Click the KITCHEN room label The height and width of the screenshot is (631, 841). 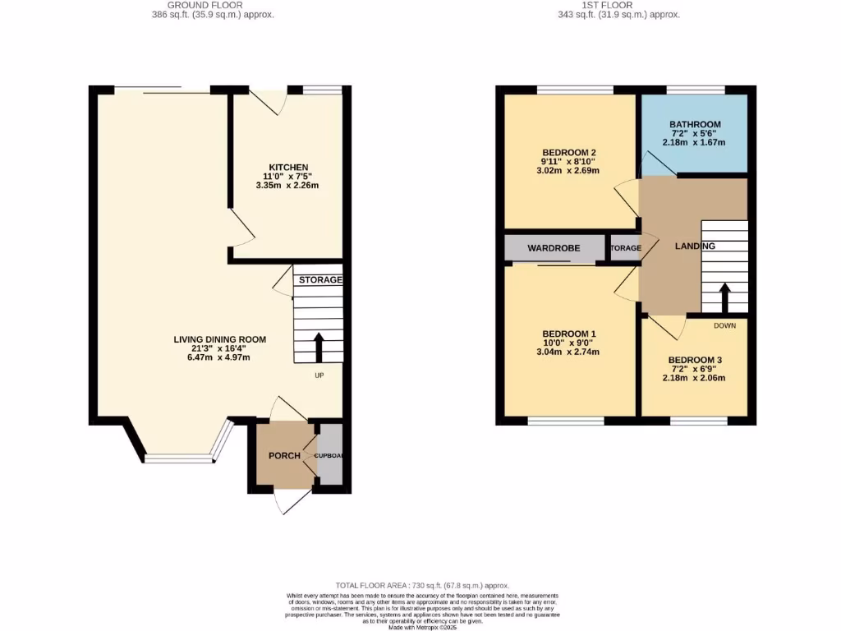click(287, 168)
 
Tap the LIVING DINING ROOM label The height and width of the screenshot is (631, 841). click(219, 339)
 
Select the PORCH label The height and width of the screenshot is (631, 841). click(284, 456)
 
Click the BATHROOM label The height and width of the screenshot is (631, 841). click(694, 124)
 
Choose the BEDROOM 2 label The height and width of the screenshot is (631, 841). click(568, 153)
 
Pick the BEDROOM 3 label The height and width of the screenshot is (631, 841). click(695, 360)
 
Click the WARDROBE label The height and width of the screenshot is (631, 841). click(554, 247)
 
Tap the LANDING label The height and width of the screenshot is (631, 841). click(695, 246)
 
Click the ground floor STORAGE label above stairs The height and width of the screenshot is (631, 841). click(319, 280)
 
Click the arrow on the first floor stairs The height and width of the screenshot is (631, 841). click(724, 297)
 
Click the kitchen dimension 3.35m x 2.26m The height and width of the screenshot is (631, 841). click(287, 186)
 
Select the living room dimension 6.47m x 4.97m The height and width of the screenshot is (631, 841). click(219, 357)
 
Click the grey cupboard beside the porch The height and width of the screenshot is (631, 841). click(330, 455)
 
